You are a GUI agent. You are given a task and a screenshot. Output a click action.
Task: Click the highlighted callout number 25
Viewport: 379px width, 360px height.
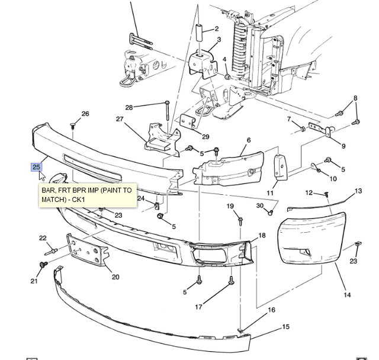click(36, 167)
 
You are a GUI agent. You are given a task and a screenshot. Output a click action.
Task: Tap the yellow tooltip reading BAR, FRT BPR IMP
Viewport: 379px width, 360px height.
click(87, 195)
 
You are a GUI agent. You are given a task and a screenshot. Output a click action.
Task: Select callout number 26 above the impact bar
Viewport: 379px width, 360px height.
click(85, 114)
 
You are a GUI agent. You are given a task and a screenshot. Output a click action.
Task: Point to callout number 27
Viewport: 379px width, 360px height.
click(120, 119)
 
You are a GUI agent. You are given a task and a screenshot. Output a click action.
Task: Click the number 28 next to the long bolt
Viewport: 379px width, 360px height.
click(129, 108)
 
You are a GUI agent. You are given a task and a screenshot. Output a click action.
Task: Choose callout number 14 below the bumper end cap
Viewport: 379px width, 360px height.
click(347, 295)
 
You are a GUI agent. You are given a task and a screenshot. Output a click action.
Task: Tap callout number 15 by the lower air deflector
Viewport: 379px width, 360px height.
click(286, 327)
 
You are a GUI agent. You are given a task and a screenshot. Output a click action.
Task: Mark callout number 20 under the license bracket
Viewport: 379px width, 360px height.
click(115, 277)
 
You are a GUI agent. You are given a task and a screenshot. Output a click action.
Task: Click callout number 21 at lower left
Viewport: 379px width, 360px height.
click(34, 281)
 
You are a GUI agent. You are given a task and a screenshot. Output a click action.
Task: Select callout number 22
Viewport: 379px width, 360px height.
click(43, 238)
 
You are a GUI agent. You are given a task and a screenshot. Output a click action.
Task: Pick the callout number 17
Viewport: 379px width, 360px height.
click(199, 307)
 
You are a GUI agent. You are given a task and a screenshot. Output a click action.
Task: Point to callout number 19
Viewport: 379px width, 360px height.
click(230, 206)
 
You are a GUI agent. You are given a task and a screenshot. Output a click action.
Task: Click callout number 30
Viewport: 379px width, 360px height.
click(260, 205)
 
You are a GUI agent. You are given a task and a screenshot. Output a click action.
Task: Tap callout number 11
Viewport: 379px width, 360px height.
click(270, 193)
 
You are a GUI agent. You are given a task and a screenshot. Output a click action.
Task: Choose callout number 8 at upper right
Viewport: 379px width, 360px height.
click(355, 98)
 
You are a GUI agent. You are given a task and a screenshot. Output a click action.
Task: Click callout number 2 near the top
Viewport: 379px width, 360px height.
click(217, 28)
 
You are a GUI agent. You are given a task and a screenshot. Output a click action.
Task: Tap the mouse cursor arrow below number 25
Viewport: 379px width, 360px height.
click(42, 176)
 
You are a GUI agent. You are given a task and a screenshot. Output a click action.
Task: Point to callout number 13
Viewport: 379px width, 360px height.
click(358, 191)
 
